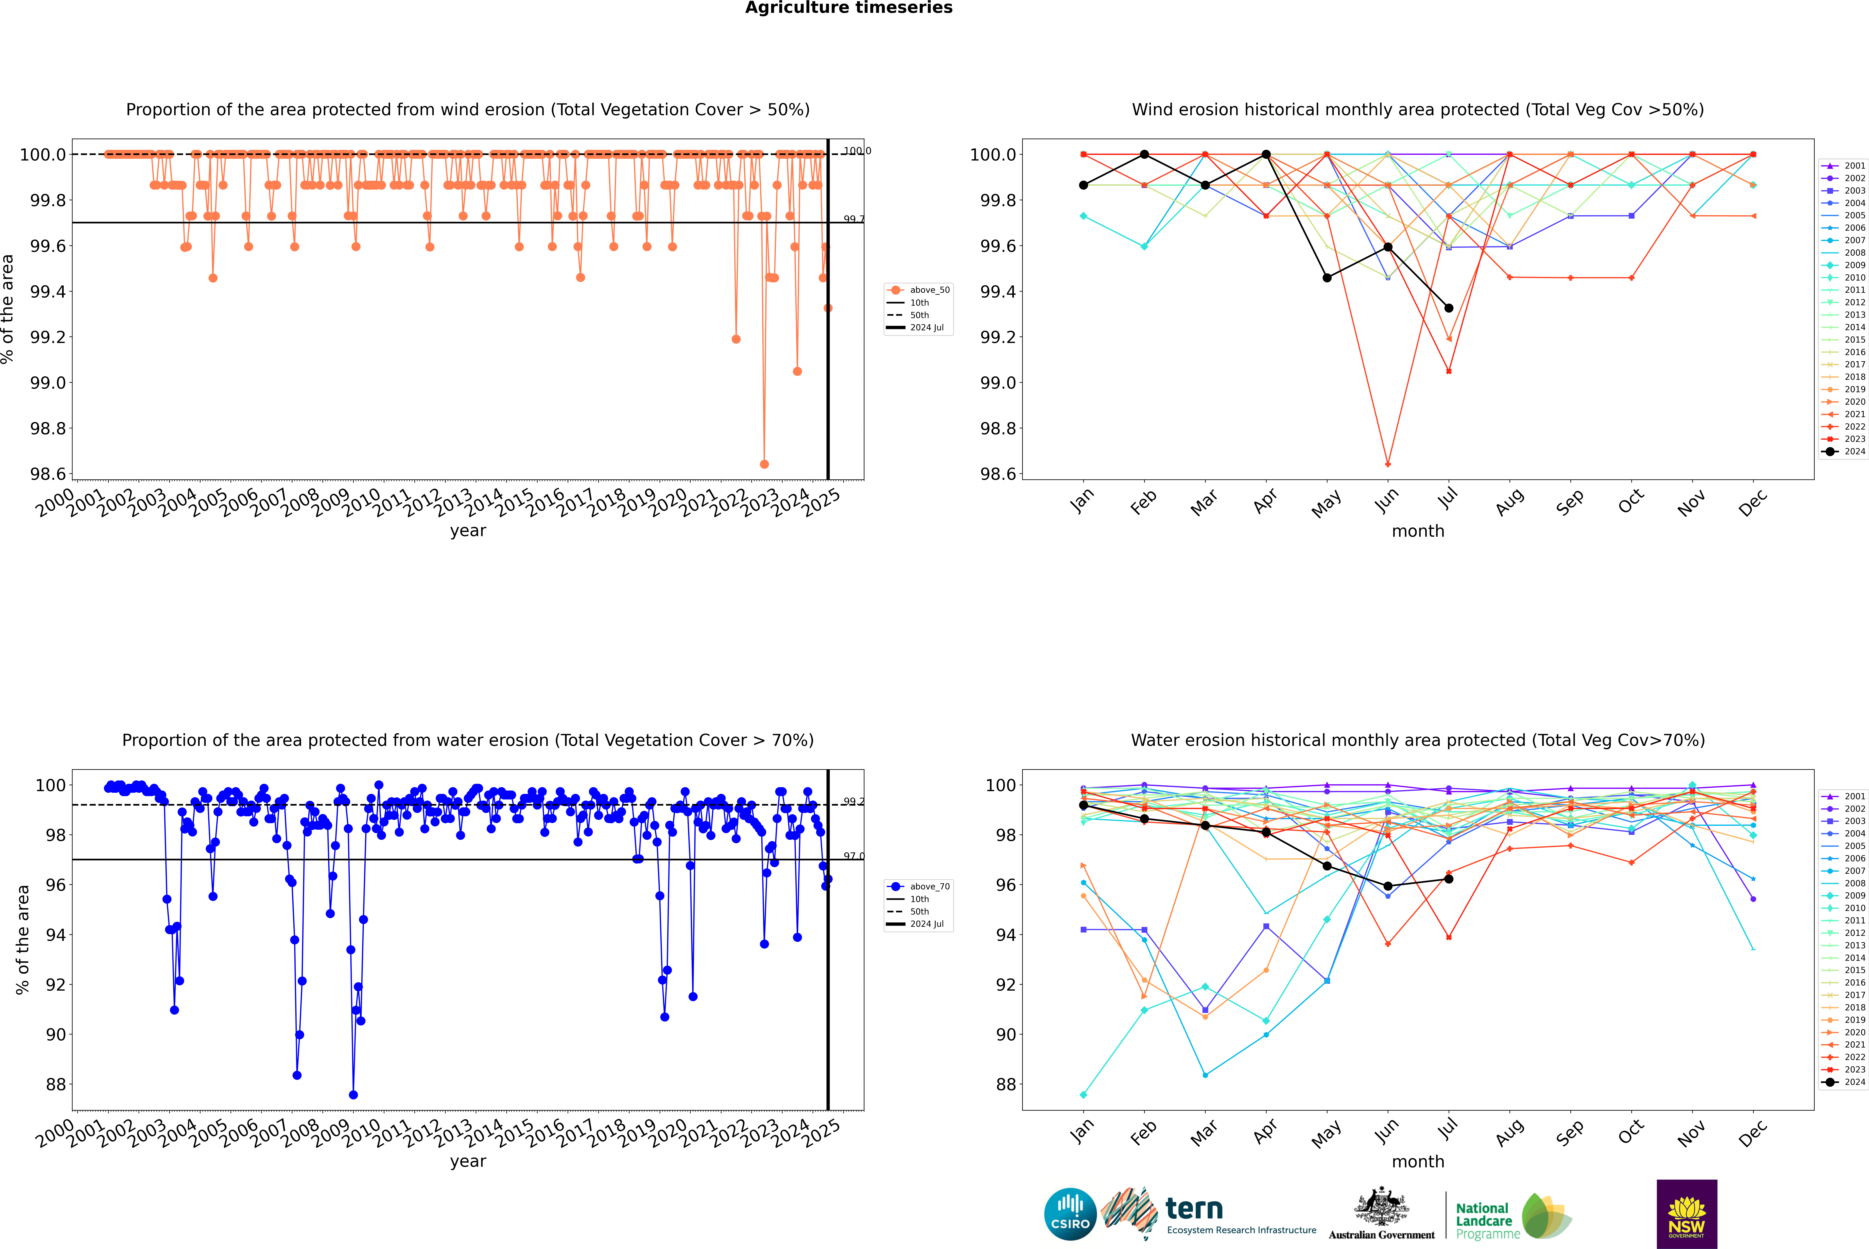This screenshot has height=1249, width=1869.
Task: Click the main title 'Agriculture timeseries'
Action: click(848, 8)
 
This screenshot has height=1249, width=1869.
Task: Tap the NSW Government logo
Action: click(1687, 1213)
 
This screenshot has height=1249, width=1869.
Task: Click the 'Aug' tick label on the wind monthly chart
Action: click(1509, 502)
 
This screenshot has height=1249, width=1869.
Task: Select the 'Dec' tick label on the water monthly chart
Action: click(1753, 1133)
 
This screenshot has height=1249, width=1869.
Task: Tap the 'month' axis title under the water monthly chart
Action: click(1417, 1161)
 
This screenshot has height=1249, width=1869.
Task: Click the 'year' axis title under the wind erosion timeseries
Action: click(468, 531)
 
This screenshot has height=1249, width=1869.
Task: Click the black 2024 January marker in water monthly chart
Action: click(1083, 805)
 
